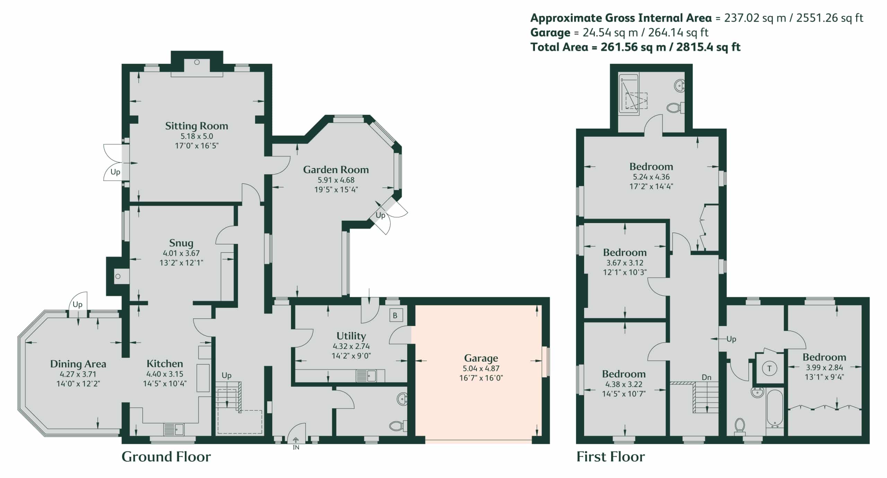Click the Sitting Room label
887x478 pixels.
[196, 126]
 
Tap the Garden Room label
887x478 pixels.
[336, 170]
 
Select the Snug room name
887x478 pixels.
[181, 243]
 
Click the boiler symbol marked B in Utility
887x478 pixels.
[395, 316]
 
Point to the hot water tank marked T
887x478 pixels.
[770, 368]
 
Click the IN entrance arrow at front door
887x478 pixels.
[296, 440]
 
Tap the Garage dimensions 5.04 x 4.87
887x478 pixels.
[481, 368]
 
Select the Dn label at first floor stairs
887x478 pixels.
[706, 377]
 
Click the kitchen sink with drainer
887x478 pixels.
[174, 430]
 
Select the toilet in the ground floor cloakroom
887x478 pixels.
[398, 426]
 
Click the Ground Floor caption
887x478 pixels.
[166, 457]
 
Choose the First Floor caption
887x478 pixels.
[611, 457]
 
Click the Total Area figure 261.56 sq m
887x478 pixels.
[633, 47]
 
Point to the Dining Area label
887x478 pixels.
[78, 364]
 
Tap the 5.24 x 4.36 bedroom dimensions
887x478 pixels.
[651, 177]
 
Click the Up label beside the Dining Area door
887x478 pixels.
[78, 304]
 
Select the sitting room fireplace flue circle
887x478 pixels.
[197, 62]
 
